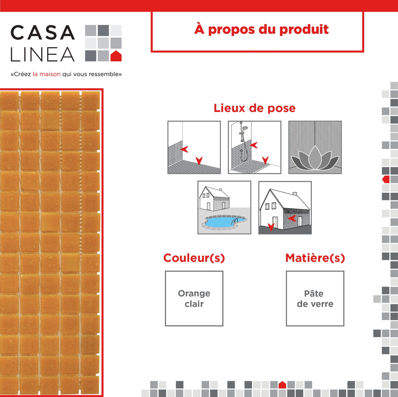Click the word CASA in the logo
(42, 32)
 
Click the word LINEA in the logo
(42, 55)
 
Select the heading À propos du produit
(261, 29)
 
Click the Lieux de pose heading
(254, 108)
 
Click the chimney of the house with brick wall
(295, 193)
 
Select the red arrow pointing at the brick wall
(292, 218)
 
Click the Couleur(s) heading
(194, 258)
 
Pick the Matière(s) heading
(315, 258)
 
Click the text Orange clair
(194, 298)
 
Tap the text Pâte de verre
(315, 298)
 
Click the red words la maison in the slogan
(46, 74)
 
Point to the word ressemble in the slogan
(104, 74)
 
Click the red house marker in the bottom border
(282, 385)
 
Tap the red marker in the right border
(386, 179)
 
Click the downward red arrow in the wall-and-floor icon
(199, 161)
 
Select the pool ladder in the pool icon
(234, 221)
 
